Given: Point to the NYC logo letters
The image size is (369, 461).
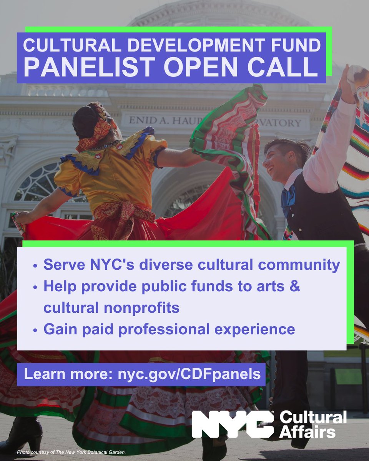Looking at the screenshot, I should coord(233,425).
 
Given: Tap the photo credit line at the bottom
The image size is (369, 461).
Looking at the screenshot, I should coord(71,453).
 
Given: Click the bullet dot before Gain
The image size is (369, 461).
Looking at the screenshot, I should coord(35,330).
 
